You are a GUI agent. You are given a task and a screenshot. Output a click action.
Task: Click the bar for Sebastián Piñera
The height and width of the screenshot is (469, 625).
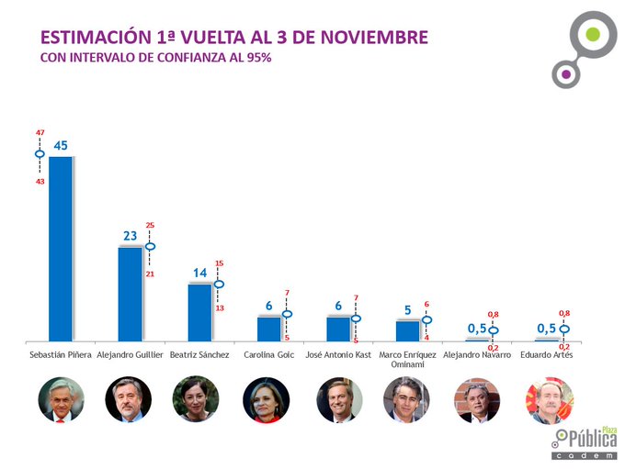click(61, 248)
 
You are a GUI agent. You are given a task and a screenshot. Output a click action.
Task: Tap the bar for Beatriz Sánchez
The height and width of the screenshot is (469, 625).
click(199, 312)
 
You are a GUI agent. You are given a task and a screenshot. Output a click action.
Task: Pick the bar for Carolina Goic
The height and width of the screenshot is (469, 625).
click(268, 329)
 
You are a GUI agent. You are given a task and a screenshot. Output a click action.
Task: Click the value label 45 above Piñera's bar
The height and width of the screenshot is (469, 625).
click(62, 145)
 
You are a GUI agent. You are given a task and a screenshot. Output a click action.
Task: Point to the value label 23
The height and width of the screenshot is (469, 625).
click(130, 236)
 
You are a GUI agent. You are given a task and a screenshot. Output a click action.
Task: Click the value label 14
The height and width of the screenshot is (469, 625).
click(199, 273)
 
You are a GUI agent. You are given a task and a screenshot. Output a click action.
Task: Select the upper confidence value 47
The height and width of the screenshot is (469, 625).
click(40, 133)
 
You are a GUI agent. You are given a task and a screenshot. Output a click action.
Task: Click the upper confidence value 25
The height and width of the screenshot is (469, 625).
click(150, 226)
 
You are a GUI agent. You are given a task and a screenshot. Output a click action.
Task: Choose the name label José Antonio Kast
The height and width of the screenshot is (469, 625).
click(337, 354)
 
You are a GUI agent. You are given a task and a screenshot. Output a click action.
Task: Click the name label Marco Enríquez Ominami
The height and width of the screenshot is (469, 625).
click(406, 359)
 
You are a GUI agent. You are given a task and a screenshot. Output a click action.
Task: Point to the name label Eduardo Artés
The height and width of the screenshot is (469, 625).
click(546, 354)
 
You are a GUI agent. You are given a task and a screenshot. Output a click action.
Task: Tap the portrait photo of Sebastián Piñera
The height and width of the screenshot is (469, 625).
click(61, 399)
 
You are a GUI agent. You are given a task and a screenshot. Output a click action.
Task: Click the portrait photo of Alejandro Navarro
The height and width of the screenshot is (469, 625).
click(476, 399)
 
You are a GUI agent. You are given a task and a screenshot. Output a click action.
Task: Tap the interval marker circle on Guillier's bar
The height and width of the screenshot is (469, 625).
click(150, 246)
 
